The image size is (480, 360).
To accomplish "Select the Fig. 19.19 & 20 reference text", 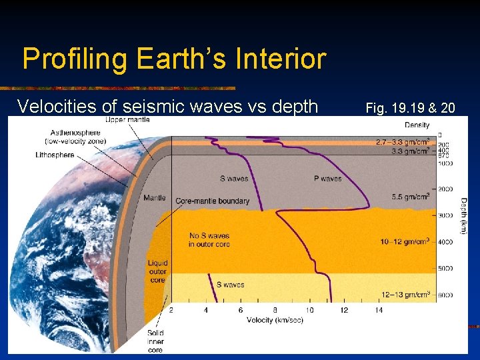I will tap(410, 106).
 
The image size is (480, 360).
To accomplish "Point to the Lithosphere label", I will tap(55, 155).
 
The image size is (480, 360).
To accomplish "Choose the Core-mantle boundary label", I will tap(212, 201).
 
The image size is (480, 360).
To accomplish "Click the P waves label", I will tap(327, 179).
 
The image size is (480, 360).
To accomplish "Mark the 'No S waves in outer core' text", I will tap(209, 240).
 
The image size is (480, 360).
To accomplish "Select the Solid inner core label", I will tap(155, 341).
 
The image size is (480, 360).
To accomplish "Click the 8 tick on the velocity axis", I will tap(275, 311).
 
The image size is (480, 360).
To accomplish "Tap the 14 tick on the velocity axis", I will tap(379, 311).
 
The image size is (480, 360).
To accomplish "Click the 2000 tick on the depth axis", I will tap(446, 189).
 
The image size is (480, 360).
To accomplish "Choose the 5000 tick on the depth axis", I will tap(446, 269).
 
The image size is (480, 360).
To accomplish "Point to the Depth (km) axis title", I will tap(463, 215).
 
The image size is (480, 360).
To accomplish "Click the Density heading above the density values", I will tap(417, 125).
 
